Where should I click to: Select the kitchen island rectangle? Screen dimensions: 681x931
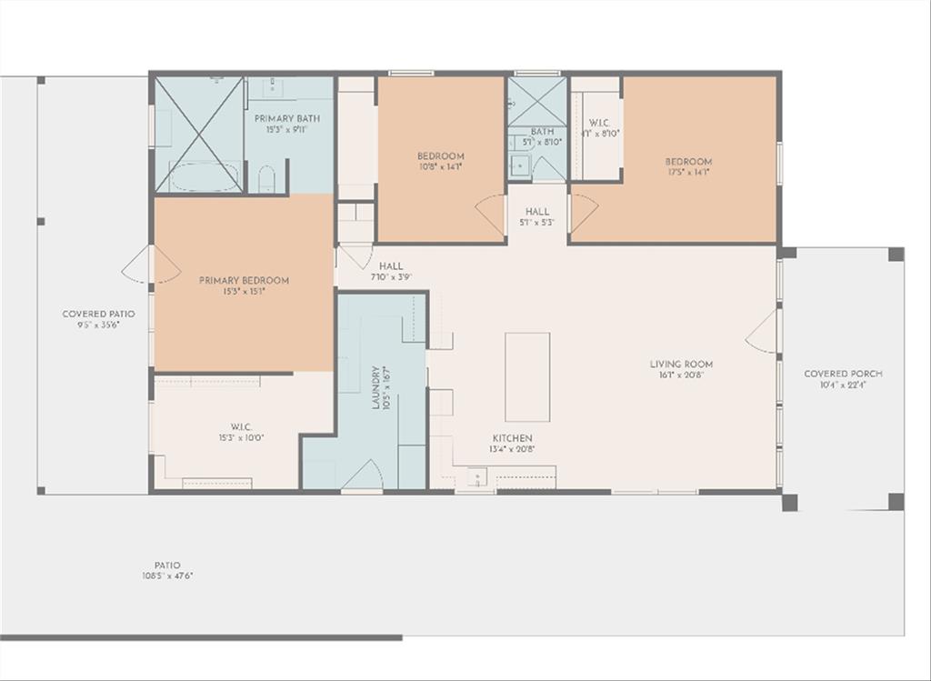pyautogui.click(x=527, y=376)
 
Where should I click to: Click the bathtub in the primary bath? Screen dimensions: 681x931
pyautogui.click(x=205, y=176)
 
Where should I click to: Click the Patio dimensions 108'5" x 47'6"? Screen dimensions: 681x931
pyautogui.click(x=167, y=576)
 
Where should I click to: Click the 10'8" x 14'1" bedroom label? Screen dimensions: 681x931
pyautogui.click(x=441, y=161)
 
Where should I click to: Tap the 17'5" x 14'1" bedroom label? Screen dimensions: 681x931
pyautogui.click(x=688, y=166)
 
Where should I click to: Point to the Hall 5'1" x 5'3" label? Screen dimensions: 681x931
pyautogui.click(x=537, y=216)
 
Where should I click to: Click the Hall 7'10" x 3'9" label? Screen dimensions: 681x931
pyautogui.click(x=391, y=272)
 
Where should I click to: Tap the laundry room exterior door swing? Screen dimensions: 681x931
pyautogui.click(x=363, y=476)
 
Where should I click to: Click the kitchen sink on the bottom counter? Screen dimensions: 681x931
pyautogui.click(x=476, y=476)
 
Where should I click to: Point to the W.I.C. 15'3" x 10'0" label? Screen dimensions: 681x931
pyautogui.click(x=240, y=432)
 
